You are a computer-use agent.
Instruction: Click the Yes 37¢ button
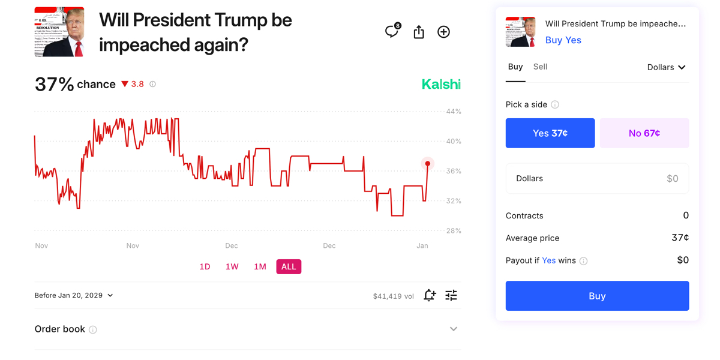click(550, 133)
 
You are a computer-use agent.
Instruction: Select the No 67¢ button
click(644, 133)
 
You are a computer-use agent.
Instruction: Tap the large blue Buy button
click(597, 296)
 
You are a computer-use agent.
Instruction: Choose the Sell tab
click(540, 67)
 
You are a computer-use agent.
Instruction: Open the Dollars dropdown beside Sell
click(666, 67)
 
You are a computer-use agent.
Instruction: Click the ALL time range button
click(289, 266)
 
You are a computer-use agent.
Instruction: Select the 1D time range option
click(205, 266)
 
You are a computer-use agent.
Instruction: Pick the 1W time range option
click(232, 266)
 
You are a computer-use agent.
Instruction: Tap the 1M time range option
click(260, 266)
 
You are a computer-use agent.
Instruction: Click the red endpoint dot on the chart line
click(428, 164)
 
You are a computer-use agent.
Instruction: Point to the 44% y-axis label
click(454, 112)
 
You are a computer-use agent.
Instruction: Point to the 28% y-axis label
click(454, 230)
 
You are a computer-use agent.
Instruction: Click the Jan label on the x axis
click(422, 245)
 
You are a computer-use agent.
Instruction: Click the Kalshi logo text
click(441, 85)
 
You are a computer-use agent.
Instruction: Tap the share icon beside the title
click(419, 32)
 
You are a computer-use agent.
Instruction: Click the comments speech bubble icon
click(392, 32)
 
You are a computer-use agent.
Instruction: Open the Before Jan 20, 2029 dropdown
click(74, 295)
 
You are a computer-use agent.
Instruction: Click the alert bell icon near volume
click(429, 295)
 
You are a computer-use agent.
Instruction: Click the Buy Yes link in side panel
click(563, 40)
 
